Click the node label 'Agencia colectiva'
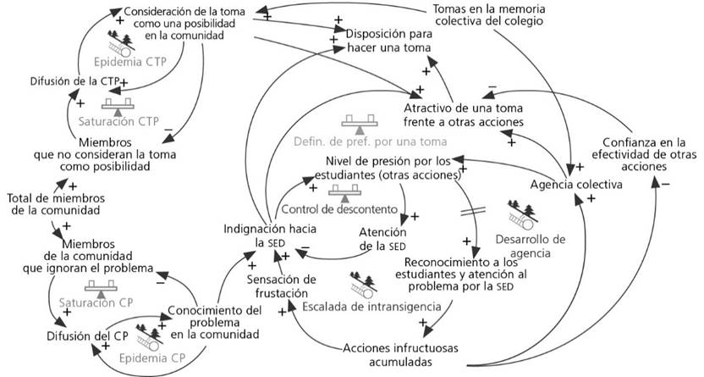pos(569,185)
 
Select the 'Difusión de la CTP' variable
pos(71,81)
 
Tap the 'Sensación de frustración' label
pos(282,286)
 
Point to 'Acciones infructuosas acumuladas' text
pos(400,354)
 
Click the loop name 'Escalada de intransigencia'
pos(366,306)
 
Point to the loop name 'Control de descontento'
pos(338,209)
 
